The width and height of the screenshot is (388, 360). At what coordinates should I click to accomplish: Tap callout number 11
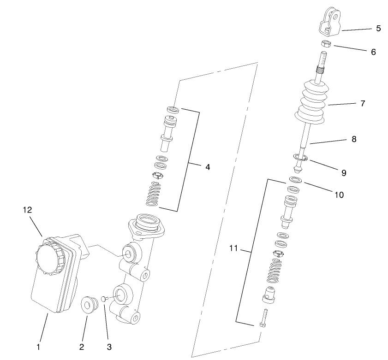pyautogui.click(x=233, y=248)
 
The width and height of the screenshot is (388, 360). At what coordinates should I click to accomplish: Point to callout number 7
pyautogui.click(x=363, y=104)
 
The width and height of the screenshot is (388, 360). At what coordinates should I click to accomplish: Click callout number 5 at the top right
pyautogui.click(x=378, y=29)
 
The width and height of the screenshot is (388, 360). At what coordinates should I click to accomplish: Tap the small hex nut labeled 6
pyautogui.click(x=326, y=44)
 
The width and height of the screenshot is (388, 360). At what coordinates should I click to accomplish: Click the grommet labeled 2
pyautogui.click(x=89, y=305)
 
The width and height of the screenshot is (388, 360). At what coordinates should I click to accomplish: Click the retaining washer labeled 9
pyautogui.click(x=301, y=159)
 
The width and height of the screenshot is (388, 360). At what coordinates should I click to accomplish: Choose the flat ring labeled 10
pyautogui.click(x=296, y=179)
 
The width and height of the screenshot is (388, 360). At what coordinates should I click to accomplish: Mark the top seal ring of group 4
pyautogui.click(x=173, y=110)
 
